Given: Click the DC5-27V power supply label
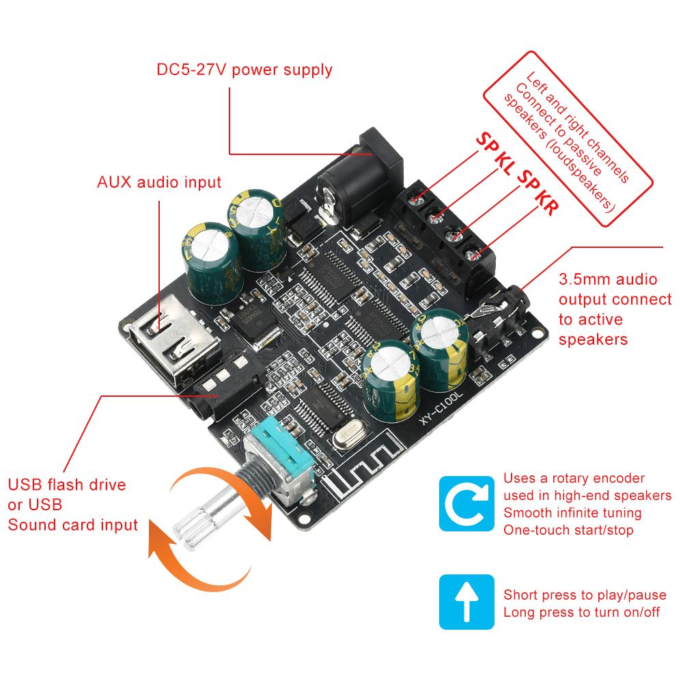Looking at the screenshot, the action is point(245,70).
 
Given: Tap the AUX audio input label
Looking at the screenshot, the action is point(159,182).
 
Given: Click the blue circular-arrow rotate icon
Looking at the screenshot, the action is point(466,503).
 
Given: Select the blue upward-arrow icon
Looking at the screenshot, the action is point(466,602).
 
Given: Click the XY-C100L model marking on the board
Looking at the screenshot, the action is point(441,408).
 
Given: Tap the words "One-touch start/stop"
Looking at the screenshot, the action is point(568,530).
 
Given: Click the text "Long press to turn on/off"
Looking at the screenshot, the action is point(581,612).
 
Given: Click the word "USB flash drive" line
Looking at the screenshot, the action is point(67,484).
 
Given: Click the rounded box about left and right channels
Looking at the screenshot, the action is point(568,139).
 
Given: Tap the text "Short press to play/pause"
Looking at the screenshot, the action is point(585,595).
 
